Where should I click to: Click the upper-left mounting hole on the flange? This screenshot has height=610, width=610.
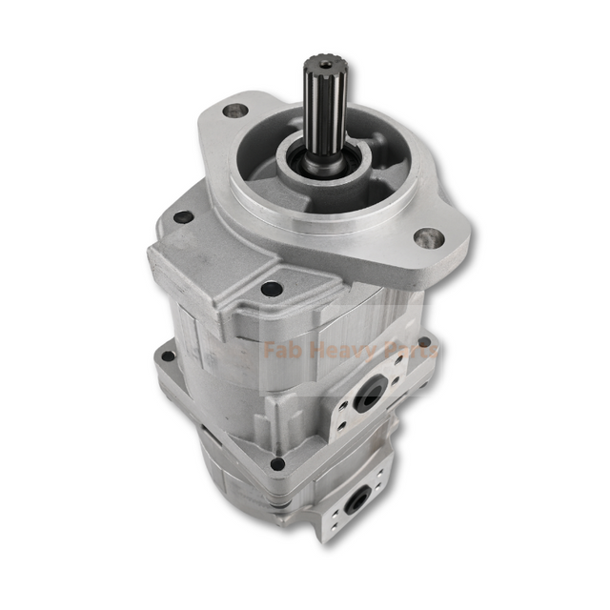230,111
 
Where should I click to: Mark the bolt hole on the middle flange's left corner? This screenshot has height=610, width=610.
169,356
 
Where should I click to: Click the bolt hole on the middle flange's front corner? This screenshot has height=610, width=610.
277,464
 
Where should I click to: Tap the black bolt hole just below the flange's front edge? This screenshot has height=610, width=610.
273,288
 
